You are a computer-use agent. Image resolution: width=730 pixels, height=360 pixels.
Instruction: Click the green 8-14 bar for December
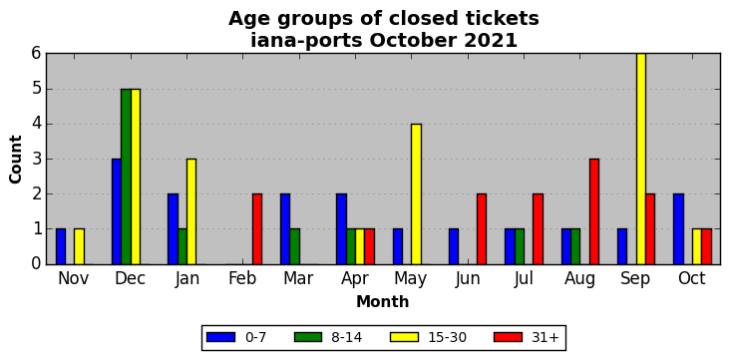coord(126,177)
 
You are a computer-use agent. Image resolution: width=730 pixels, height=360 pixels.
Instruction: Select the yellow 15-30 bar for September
coord(641,159)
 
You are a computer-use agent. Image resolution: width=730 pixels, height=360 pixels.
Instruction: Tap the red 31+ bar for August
coord(594,211)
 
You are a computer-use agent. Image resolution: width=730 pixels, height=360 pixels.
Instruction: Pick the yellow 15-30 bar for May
coord(416,193)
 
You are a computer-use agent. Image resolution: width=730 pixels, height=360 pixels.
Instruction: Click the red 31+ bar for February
coord(257,229)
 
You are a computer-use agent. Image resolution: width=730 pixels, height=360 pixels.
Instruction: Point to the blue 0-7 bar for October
coord(678,229)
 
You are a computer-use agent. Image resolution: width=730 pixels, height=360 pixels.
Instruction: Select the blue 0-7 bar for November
coord(61,246)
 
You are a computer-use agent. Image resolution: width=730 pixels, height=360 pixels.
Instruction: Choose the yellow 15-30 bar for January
coord(191,211)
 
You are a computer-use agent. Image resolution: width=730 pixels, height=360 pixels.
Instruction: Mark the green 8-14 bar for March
coord(295,246)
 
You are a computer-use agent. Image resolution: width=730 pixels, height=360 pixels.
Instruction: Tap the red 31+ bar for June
coord(482,229)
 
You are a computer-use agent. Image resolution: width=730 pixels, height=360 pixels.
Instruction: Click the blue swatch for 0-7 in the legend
coord(220,337)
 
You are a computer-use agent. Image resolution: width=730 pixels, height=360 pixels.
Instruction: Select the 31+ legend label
coord(545,337)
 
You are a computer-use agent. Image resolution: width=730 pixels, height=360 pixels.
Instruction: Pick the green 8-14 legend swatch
coord(308,337)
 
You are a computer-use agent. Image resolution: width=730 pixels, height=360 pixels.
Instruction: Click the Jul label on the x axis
coord(525,278)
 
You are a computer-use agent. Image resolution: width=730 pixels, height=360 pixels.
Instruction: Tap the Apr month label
coord(355,279)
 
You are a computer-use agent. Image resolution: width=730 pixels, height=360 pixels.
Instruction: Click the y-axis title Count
coord(15,160)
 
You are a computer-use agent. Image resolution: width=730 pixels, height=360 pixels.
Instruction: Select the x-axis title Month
coord(383,302)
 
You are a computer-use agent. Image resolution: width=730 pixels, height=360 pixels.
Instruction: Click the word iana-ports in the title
coord(306,41)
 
